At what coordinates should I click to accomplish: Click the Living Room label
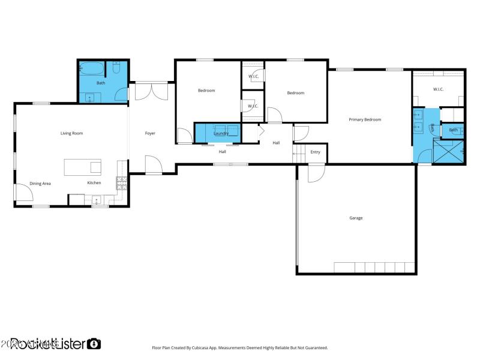[71, 133]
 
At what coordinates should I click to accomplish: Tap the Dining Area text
[40, 183]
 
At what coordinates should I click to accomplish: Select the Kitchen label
[94, 183]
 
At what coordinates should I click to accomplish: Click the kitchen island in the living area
[83, 167]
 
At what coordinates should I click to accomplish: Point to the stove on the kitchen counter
[121, 182]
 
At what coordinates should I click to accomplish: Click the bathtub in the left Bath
[91, 68]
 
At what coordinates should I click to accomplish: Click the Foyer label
[150, 133]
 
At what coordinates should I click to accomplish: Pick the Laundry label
[221, 133]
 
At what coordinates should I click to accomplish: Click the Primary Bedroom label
[365, 120]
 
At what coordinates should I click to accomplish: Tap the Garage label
[356, 218]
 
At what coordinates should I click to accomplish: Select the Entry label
[315, 152]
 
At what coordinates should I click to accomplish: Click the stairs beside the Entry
[299, 154]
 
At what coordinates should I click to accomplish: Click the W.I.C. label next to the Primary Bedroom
[438, 89]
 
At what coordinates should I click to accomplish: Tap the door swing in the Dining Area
[23, 192]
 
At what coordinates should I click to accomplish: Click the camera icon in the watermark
[94, 344]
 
